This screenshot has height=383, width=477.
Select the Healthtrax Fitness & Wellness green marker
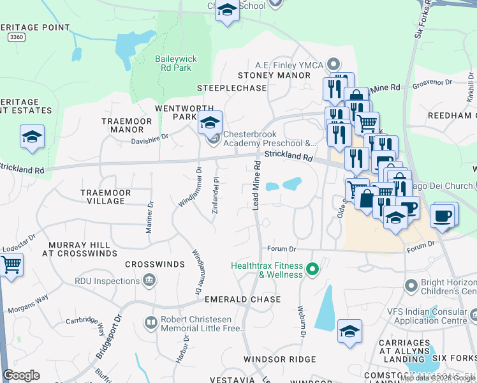312,270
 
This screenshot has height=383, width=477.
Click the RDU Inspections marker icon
149,280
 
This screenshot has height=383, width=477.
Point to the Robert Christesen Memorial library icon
151,324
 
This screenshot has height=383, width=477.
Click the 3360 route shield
17,38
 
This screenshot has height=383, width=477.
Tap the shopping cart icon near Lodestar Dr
11,264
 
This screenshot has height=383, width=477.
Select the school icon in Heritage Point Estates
32,137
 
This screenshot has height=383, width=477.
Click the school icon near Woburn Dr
349,331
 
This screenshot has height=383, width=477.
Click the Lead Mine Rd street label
256,185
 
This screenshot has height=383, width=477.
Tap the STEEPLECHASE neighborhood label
231,88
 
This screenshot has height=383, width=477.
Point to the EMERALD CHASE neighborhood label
242,299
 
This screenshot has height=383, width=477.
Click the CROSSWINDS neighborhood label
150,264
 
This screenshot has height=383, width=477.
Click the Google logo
21,375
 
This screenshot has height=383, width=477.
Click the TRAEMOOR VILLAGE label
106,197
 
